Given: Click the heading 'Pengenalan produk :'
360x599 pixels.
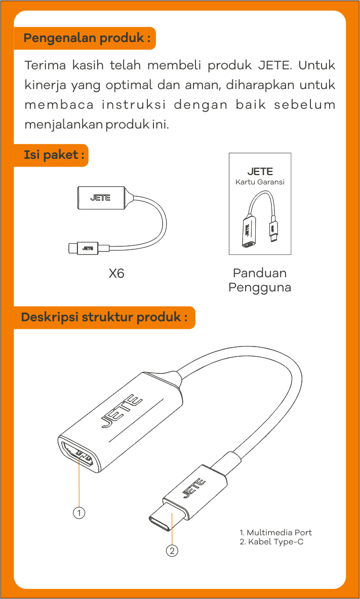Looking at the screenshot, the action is pos(87,38).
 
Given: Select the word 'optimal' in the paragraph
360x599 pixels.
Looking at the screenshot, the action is pos(129,85).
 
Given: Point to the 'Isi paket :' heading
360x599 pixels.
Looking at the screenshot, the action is pos(54,155).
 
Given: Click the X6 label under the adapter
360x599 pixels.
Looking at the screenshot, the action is pos(116,274).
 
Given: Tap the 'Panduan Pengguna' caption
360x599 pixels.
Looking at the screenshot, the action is pos(260,280).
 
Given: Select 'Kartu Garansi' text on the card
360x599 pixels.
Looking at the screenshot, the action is pos(260,182).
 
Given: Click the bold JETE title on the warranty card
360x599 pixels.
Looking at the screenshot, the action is pos(260,172).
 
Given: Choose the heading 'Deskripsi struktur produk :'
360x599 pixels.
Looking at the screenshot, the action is pos(104,317).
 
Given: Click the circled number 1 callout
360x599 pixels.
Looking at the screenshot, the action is pos(79,513).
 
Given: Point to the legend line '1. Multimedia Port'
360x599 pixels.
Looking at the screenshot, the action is pos(275,533).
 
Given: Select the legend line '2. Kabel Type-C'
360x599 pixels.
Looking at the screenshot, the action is pos(271,542).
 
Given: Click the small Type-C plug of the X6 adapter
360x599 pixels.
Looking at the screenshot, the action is pos(73,248).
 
